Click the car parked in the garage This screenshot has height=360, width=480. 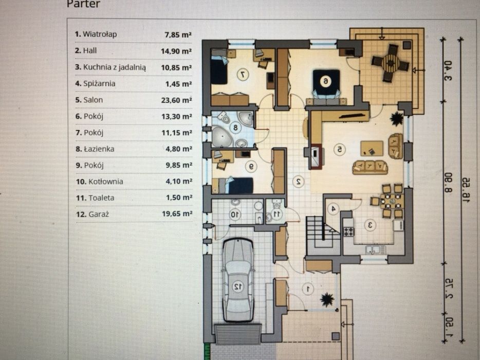(x=238, y=280)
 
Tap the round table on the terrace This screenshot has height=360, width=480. (x=390, y=62)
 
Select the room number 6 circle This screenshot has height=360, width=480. (x=325, y=81)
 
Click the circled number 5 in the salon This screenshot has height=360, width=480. (x=340, y=150)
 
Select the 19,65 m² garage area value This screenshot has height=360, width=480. (x=177, y=213)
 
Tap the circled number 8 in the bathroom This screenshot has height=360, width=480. (x=235, y=127)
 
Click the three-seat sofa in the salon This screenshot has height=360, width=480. (x=370, y=167)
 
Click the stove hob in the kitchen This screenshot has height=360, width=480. (x=348, y=231)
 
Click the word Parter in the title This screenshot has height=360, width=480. (x=83, y=4)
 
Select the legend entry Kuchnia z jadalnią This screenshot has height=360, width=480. (x=110, y=67)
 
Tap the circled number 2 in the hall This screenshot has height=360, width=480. (x=298, y=181)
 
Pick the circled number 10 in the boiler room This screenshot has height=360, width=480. (x=235, y=214)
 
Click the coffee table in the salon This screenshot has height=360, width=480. (x=372, y=148)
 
